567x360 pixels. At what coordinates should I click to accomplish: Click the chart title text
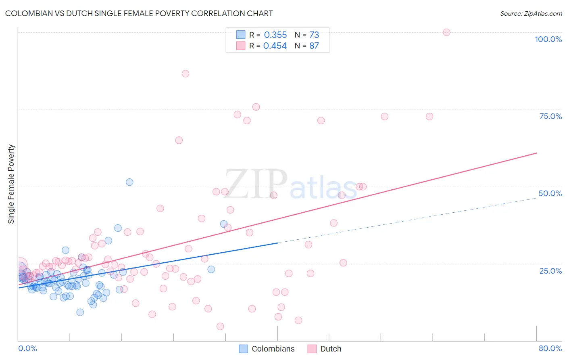(x=139, y=13)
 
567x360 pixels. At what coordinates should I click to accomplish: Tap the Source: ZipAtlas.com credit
(x=531, y=13)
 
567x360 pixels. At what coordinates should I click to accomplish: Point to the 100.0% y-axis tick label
(x=548, y=39)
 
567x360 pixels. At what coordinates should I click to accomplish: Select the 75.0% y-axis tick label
(x=550, y=116)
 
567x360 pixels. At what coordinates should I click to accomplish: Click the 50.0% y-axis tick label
(x=550, y=193)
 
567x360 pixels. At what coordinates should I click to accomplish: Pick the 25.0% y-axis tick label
(x=550, y=270)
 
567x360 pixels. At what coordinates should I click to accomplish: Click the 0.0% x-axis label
(x=27, y=348)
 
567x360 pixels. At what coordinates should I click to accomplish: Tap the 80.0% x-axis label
(x=550, y=348)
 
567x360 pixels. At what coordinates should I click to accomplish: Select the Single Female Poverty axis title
(x=11, y=184)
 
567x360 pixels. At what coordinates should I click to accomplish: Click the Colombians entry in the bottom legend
(x=273, y=349)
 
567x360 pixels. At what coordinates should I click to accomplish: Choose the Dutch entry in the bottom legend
(x=331, y=349)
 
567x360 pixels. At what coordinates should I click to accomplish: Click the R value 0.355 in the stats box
(x=275, y=35)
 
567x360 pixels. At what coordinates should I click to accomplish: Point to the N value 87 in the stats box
(x=314, y=46)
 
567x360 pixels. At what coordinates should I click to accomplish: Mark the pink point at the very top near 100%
(x=446, y=32)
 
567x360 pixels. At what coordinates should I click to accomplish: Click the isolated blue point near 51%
(x=129, y=182)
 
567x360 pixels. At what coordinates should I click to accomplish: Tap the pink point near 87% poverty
(x=186, y=73)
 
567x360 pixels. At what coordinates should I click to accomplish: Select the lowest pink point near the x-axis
(x=220, y=326)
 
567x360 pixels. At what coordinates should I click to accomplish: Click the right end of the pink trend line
(x=536, y=153)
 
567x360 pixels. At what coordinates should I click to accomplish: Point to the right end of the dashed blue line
(x=536, y=198)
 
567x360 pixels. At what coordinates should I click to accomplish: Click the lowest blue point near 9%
(x=80, y=312)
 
